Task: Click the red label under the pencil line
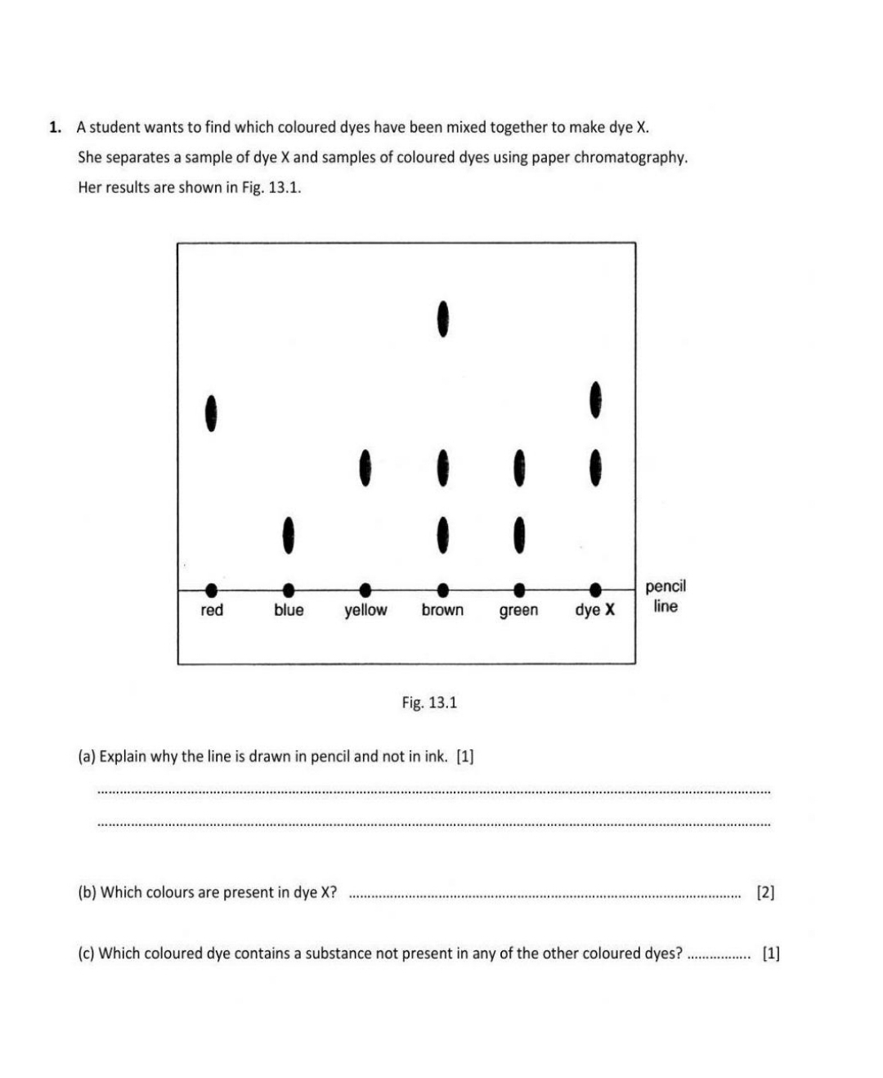[212, 610]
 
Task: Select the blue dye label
[289, 610]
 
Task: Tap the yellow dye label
[365, 610]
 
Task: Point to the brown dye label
[442, 610]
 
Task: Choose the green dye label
[518, 610]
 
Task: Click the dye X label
[594, 610]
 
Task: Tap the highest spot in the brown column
[442, 319]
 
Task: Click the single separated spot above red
[211, 413]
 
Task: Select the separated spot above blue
[288, 535]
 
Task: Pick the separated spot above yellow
[365, 468]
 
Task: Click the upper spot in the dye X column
[595, 399]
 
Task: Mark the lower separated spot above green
[518, 535]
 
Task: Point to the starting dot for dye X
[596, 589]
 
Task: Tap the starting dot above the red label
[212, 589]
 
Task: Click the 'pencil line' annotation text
[666, 596]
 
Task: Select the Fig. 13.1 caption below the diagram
[429, 703]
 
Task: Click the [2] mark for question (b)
[765, 892]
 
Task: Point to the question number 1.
[55, 128]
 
